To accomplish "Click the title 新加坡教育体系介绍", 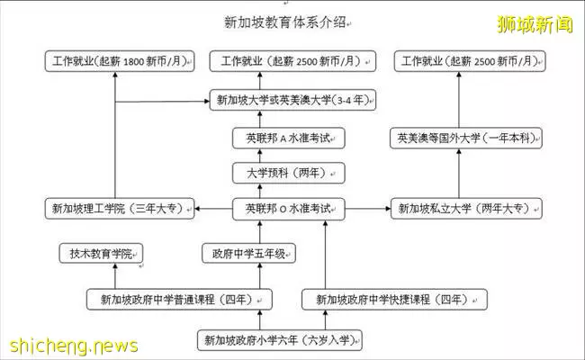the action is click(x=285, y=22).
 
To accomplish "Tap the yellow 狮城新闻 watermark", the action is click(x=535, y=24).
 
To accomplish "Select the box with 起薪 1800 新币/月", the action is click(x=120, y=61).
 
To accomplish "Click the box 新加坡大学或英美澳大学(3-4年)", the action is click(x=292, y=100).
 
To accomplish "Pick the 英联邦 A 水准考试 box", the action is click(x=288, y=139).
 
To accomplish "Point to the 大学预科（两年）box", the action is click(x=288, y=173).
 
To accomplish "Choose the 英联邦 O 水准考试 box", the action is click(x=288, y=209).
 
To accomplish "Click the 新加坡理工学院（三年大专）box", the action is click(x=120, y=209).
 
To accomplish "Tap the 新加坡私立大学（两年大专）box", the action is click(x=466, y=209).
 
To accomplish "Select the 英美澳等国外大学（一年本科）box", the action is click(x=466, y=139).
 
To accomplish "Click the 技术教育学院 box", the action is click(x=101, y=254).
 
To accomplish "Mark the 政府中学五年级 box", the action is click(x=248, y=254).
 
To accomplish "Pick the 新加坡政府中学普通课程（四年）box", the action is click(x=179, y=300).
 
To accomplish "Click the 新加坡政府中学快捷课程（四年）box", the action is click(x=394, y=300).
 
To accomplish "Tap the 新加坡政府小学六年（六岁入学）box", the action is click(x=279, y=340).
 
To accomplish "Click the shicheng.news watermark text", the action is click(x=74, y=346).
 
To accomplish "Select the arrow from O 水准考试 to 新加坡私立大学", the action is click(x=367, y=209).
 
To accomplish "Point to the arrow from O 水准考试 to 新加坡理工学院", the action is click(x=213, y=209).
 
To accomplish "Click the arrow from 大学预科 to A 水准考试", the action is click(x=260, y=156).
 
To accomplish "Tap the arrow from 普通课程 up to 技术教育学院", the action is click(x=115, y=276).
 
